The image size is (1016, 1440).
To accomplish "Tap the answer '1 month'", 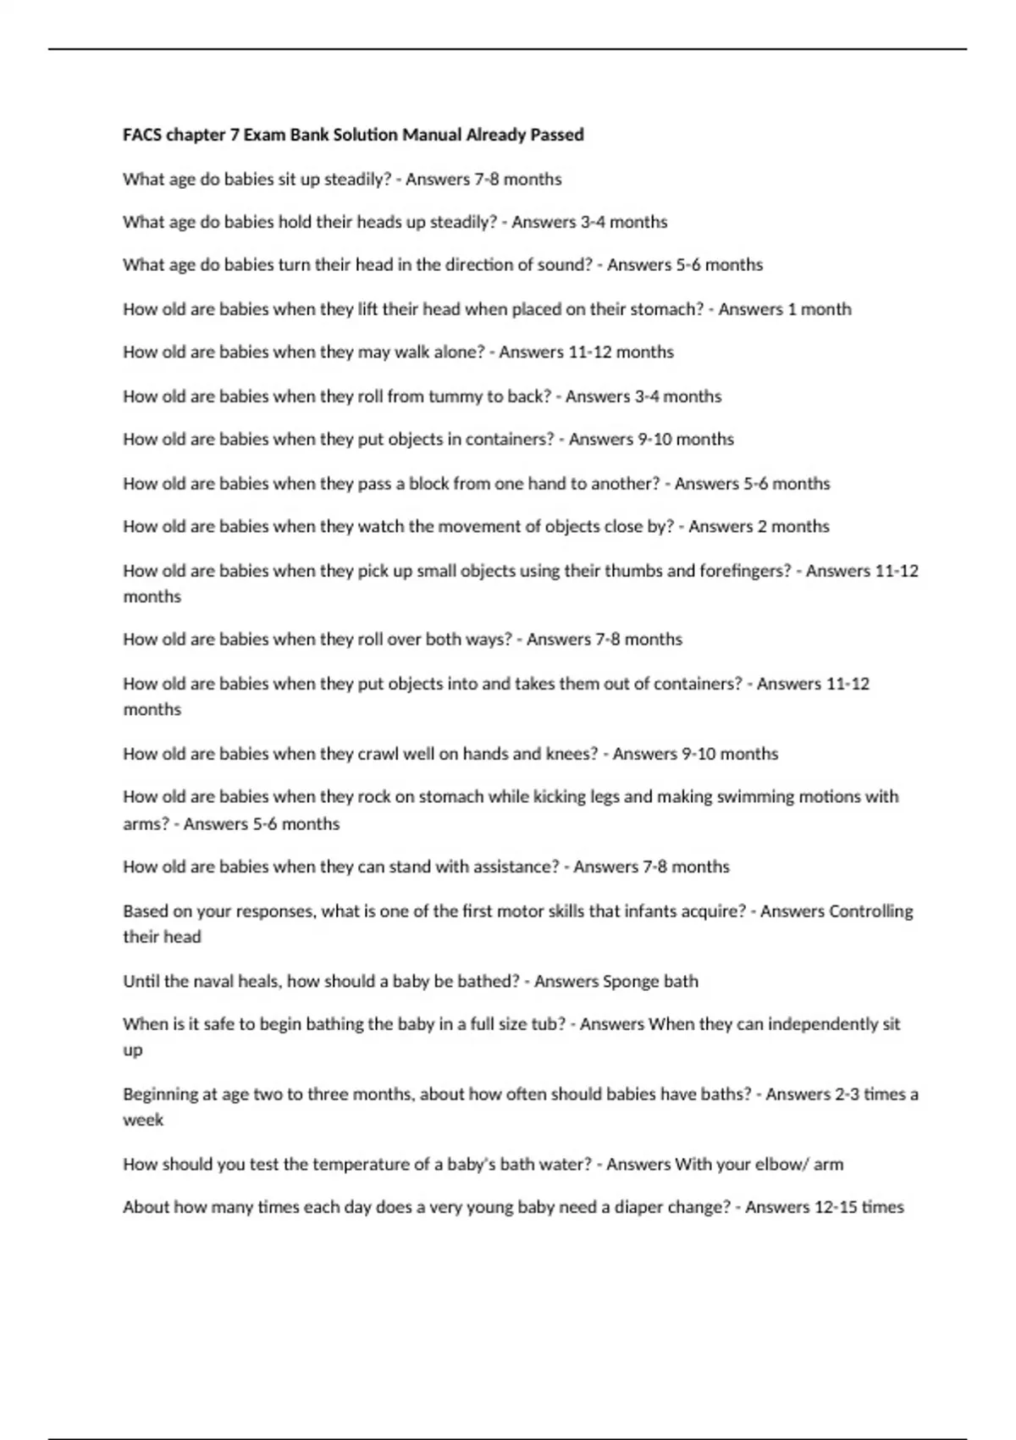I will point(820,309).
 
